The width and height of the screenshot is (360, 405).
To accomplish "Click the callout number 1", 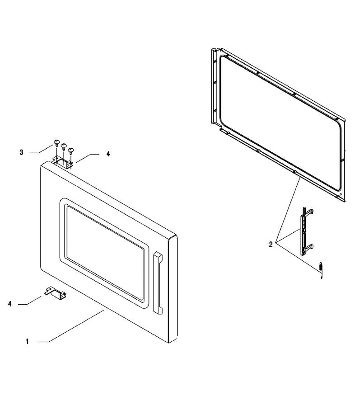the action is point(28,341).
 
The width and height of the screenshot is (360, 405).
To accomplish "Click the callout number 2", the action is point(271,245).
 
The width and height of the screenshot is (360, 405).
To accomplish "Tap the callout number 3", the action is point(21,152).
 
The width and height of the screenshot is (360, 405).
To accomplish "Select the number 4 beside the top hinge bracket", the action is point(108,154).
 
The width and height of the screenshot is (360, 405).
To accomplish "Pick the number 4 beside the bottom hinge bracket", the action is point(10,304).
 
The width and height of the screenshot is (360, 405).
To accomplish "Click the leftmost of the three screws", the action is point(56,143).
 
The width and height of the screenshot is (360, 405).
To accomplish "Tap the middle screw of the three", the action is point(64,146).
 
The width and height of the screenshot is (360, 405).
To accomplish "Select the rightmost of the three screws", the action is point(71,150).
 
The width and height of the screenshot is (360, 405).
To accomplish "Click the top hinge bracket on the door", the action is point(63,163).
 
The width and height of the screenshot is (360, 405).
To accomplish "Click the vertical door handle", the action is point(158,283).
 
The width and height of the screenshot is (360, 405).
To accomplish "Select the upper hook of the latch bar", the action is point(309,211).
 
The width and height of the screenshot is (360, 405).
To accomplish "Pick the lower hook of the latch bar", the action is point(309,247).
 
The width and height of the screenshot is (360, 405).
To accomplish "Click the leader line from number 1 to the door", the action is point(71,326).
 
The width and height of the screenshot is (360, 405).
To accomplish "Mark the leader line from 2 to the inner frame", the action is point(287,210).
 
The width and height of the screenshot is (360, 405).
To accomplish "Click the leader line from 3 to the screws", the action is point(41,149).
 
